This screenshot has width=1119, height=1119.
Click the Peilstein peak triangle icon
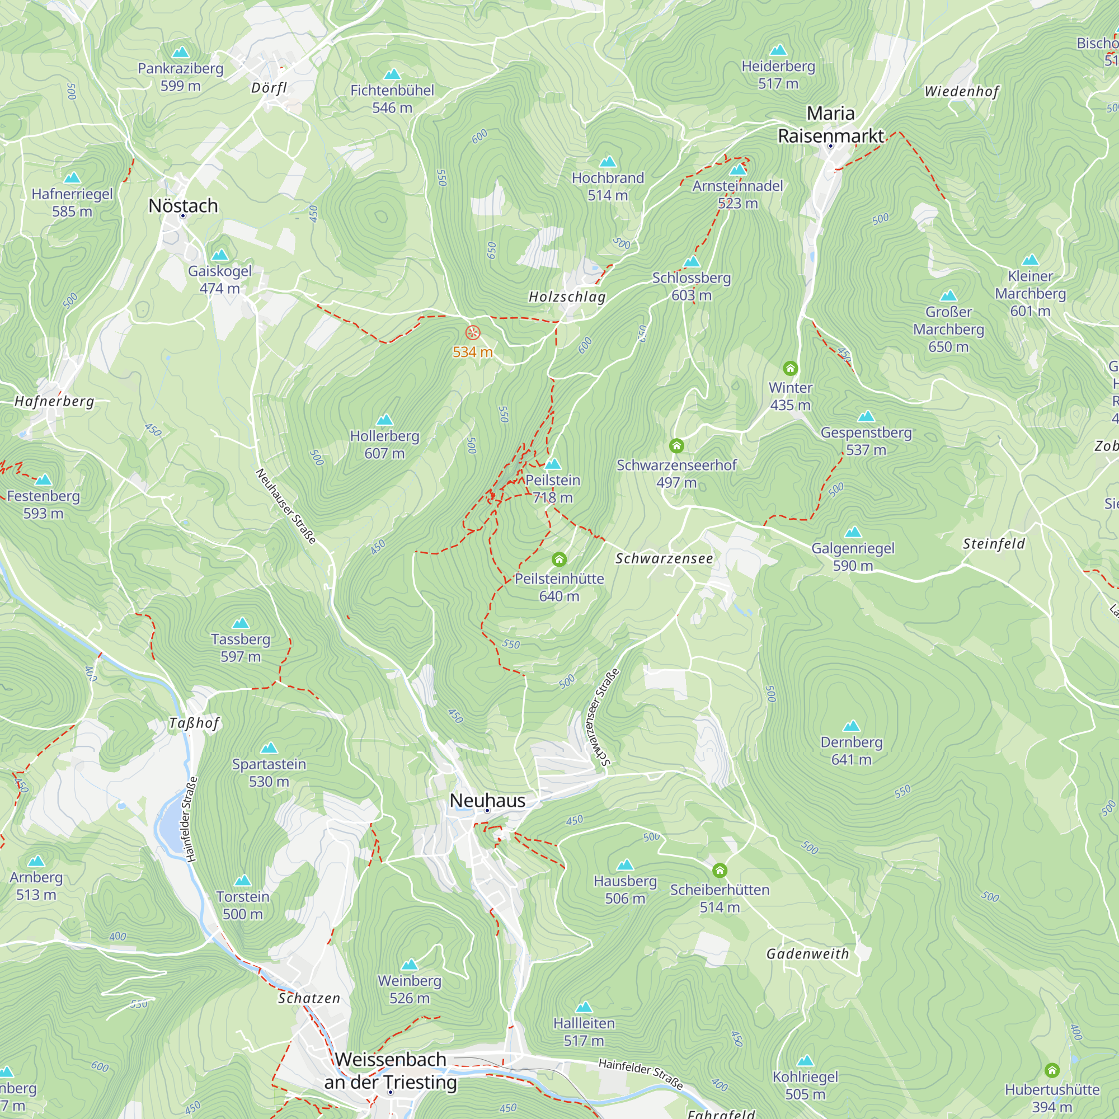553,464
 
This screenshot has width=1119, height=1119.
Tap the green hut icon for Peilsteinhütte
559,559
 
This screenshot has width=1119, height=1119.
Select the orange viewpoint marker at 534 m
473,332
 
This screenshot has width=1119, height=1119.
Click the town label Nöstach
183,205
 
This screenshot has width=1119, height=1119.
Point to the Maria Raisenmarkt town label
830,125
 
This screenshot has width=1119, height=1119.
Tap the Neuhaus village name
487,801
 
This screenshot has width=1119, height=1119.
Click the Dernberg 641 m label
852,751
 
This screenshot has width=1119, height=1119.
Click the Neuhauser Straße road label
285,507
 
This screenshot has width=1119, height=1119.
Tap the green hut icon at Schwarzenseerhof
676,445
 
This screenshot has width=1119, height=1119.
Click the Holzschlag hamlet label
567,297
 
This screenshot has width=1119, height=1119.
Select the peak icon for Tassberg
241,623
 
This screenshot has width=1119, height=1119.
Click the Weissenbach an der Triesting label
391,1070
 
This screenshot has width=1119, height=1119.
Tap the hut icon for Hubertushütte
1052,1070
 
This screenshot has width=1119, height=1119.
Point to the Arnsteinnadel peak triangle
738,170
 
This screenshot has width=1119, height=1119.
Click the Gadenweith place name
807,954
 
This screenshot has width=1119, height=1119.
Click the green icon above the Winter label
790,368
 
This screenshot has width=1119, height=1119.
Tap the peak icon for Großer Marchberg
948,296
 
